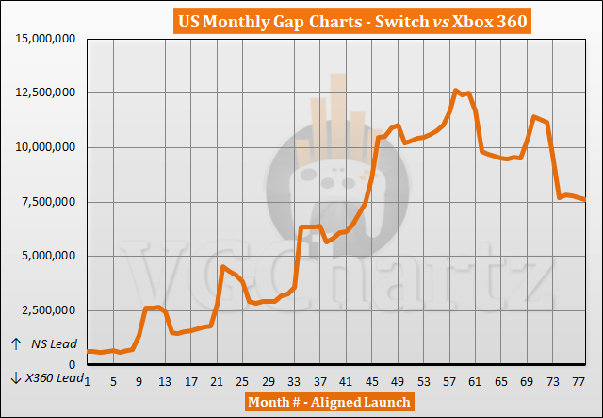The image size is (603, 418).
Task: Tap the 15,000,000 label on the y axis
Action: tap(44, 39)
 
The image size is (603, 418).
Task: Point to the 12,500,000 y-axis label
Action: tap(44, 92)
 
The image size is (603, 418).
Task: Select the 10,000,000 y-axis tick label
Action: tap(44, 147)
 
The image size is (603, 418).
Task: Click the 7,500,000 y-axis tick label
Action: tap(48, 202)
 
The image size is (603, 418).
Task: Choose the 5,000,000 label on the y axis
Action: tap(48, 256)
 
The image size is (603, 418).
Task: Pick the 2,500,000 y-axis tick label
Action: tap(48, 310)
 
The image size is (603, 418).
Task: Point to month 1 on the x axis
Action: tap(88, 382)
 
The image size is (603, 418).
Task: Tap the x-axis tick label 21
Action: tap(216, 382)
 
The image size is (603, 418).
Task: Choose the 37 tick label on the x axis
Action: tap(319, 382)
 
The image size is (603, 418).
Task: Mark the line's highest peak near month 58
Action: tap(456, 91)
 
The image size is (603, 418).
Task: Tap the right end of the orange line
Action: tap(584, 199)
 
